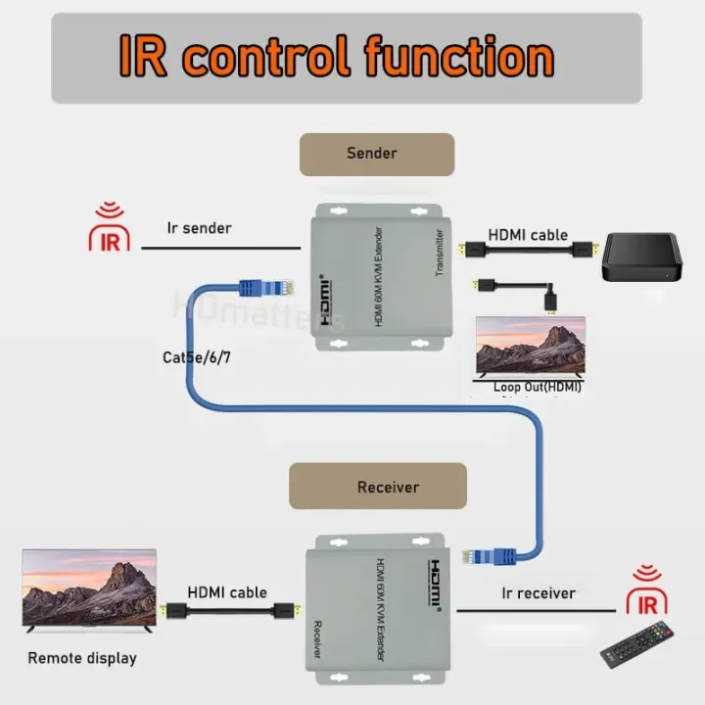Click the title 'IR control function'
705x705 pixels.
(336, 56)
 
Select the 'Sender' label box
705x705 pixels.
(377, 154)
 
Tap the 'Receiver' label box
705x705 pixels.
(378, 487)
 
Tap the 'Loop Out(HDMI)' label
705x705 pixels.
(538, 387)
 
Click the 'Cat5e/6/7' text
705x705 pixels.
(197, 357)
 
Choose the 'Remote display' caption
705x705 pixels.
(82, 658)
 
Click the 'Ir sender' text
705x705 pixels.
(200, 228)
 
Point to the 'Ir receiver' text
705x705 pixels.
(539, 592)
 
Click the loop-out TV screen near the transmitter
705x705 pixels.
(530, 347)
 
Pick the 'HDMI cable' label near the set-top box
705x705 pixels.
(528, 234)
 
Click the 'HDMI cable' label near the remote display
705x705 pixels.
(227, 592)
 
